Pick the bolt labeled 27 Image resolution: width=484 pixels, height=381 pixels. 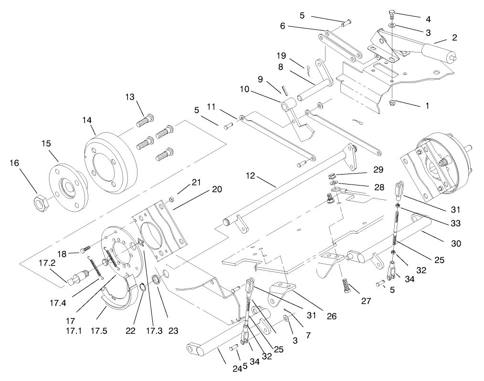click(347, 287)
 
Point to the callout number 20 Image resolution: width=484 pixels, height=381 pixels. click(217, 189)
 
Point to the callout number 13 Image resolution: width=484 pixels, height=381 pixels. click(130, 97)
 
